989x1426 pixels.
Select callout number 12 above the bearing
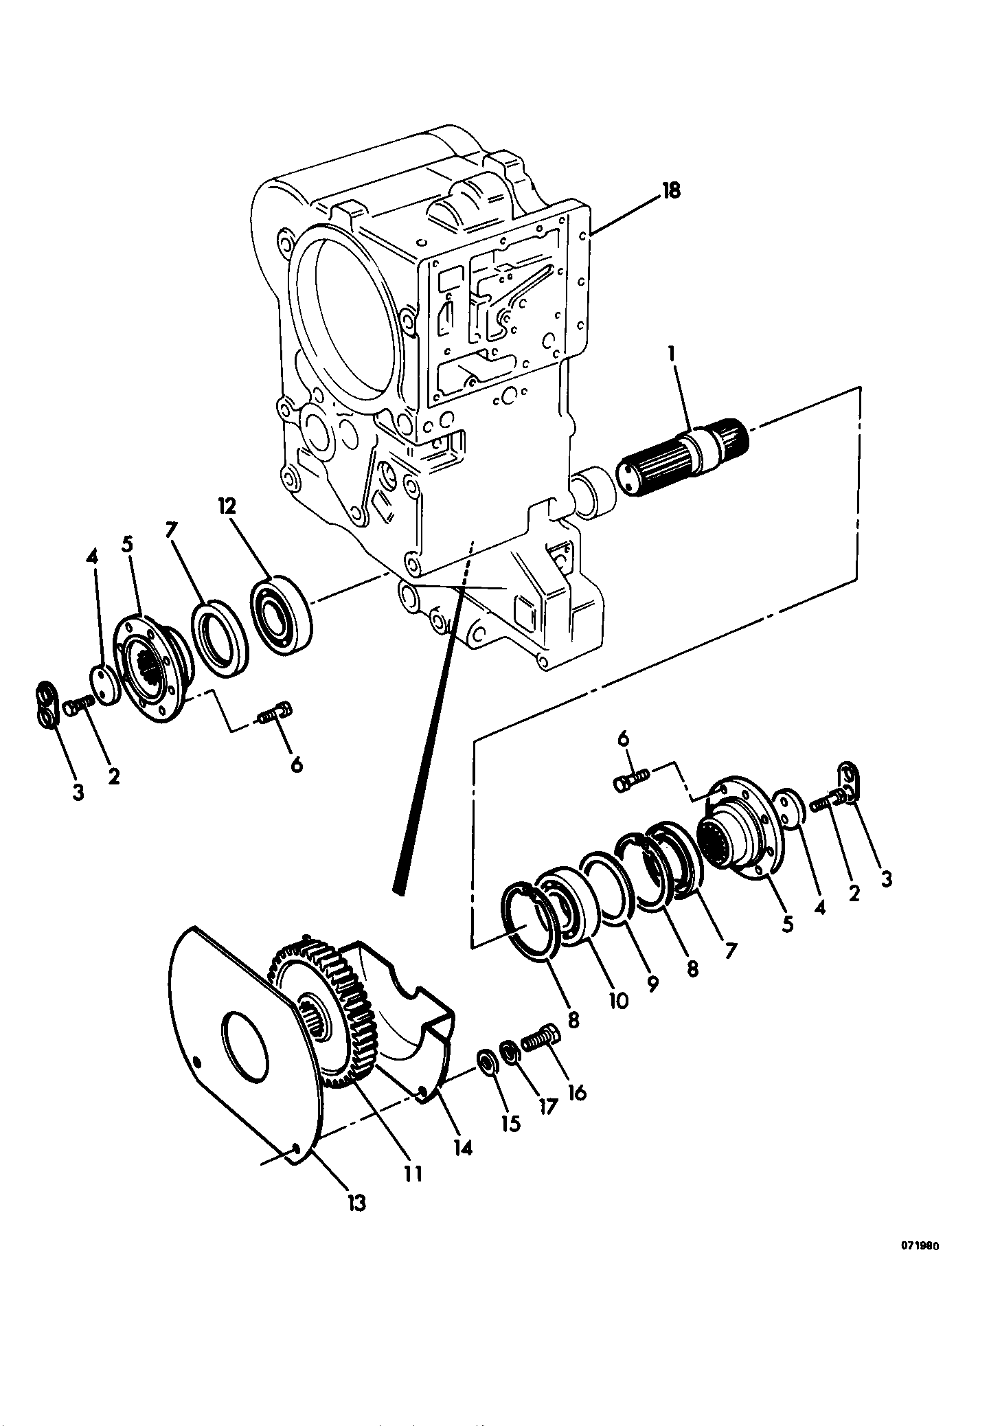[227, 507]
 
